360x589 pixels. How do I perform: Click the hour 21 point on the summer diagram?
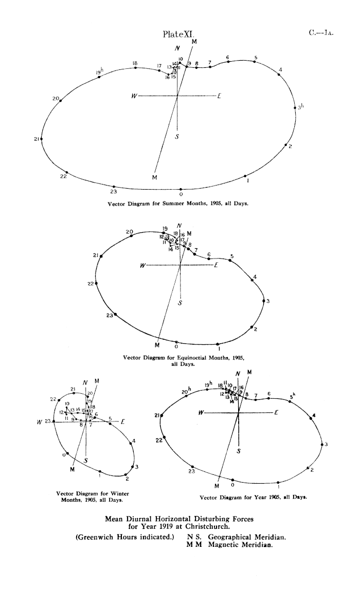[41, 139]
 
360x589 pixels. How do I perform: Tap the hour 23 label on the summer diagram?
[113, 192]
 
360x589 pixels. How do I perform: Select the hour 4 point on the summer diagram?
[279, 75]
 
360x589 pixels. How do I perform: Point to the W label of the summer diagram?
[134, 96]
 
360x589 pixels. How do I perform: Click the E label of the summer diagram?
[220, 96]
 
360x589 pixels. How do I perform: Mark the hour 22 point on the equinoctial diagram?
[97, 283]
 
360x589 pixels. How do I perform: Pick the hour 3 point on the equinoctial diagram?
[263, 301]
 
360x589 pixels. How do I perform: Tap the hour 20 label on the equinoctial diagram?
[129, 232]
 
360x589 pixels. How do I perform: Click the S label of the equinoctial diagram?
[179, 303]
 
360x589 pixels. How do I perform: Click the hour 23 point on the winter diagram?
[54, 421]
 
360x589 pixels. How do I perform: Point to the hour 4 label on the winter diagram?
[134, 440]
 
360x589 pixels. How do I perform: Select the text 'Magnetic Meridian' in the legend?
[240, 545]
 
